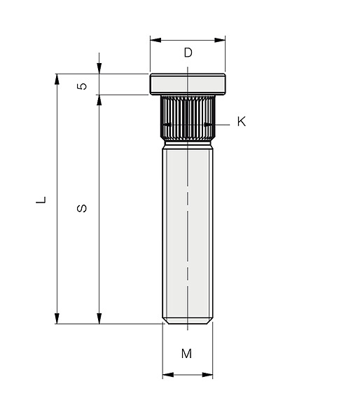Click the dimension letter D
[188, 53]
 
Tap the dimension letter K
[242, 122]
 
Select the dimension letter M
[186, 354]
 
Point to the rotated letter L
[41, 200]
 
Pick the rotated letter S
[82, 208]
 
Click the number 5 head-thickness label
[82, 86]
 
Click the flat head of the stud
[188, 84]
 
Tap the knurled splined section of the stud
[188, 118]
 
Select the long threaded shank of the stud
[188, 233]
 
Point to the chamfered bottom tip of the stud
[188, 321]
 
